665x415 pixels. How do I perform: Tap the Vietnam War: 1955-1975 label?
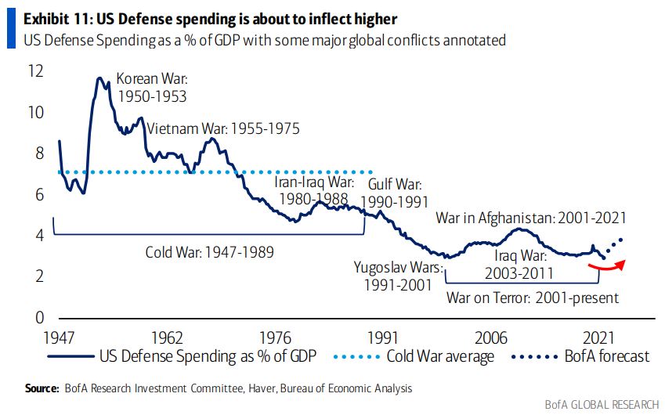tap(223, 129)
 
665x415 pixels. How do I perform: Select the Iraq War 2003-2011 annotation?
tap(519, 264)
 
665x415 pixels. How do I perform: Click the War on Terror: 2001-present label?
tap(533, 298)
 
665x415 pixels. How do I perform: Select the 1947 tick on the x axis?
tap(59, 337)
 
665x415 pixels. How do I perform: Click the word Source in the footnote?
tap(42, 388)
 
